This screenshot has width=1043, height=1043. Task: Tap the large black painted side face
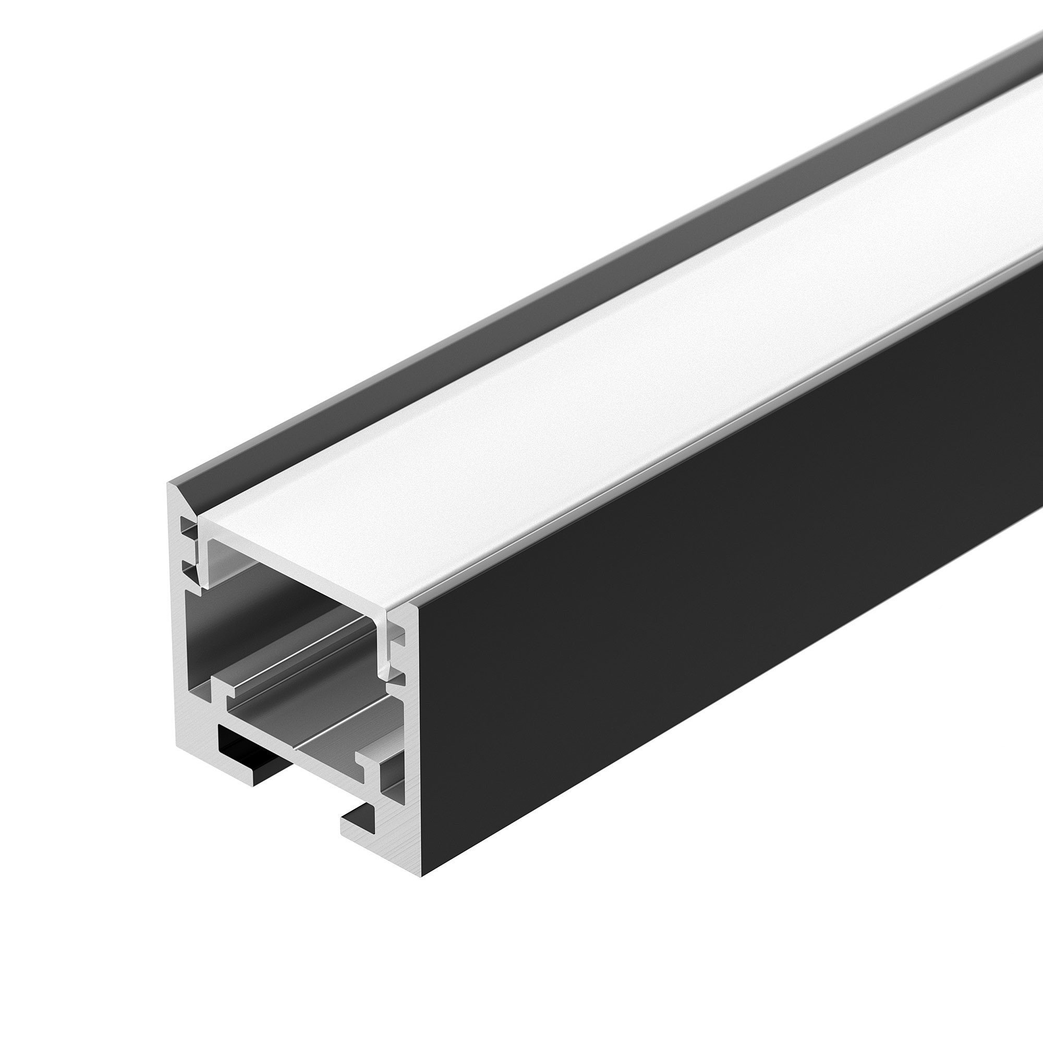pos(729,594)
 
